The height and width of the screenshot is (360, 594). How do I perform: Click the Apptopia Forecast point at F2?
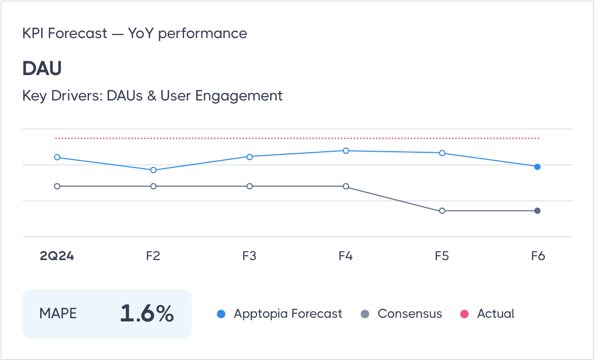[x=153, y=170]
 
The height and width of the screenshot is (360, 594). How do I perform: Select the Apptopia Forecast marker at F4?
[x=346, y=151]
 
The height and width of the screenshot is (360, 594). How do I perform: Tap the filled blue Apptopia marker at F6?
[x=537, y=167]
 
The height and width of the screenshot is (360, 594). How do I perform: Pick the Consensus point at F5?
[x=442, y=210]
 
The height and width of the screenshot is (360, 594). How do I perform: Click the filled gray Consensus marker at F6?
[x=537, y=210]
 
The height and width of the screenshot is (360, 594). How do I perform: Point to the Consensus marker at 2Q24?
[x=57, y=186]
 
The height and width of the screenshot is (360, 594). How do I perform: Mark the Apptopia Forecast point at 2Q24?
[x=57, y=157]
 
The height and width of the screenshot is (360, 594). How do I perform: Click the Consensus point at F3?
[x=250, y=186]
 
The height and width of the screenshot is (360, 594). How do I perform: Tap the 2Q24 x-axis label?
[x=57, y=256]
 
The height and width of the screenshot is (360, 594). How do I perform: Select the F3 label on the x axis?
[x=249, y=256]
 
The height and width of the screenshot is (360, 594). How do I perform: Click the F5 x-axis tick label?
[x=442, y=256]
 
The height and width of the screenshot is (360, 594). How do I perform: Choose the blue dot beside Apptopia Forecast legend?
[x=222, y=314]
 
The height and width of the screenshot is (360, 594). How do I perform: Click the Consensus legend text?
[x=409, y=313]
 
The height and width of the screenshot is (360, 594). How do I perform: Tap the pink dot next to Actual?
[x=465, y=314]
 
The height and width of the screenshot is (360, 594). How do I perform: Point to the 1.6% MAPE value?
[x=147, y=314]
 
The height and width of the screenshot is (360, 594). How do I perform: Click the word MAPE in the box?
[x=58, y=313]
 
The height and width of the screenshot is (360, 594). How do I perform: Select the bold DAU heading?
[x=42, y=68]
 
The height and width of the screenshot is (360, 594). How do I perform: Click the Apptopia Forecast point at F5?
[x=442, y=153]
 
